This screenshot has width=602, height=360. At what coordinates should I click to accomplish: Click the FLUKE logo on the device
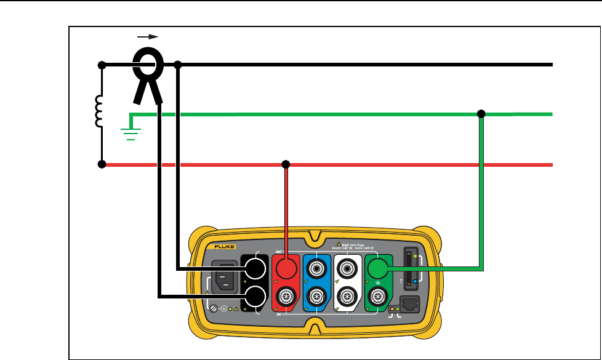pyautogui.click(x=223, y=246)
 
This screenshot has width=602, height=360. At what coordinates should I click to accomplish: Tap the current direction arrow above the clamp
pyautogui.click(x=149, y=37)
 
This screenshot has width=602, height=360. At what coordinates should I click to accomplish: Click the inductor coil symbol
pyautogui.click(x=99, y=112)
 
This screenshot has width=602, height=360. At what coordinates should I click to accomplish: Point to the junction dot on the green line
pyautogui.click(x=481, y=114)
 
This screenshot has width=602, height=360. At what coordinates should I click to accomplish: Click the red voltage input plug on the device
pyautogui.click(x=286, y=269)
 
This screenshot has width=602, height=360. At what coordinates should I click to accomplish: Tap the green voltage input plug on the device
pyautogui.click(x=377, y=269)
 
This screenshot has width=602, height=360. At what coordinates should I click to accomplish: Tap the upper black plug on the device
pyautogui.click(x=254, y=269)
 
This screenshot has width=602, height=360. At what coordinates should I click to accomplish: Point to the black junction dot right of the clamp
pyautogui.click(x=179, y=64)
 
